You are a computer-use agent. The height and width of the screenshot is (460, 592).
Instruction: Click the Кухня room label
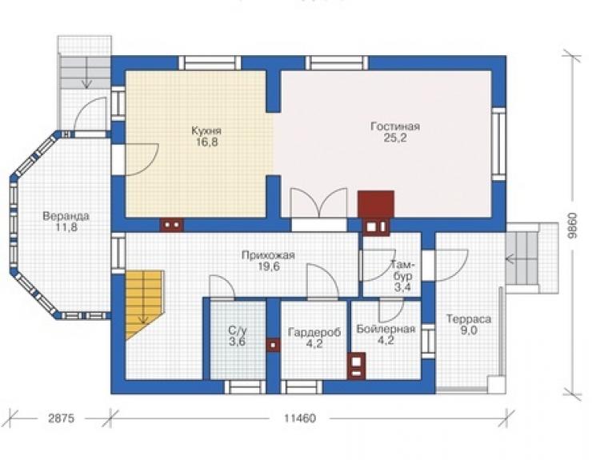click(206, 130)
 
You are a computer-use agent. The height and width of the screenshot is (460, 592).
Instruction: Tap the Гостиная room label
click(395, 126)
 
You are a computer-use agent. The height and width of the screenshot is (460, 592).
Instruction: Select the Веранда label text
click(66, 216)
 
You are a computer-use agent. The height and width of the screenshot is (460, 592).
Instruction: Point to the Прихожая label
click(268, 255)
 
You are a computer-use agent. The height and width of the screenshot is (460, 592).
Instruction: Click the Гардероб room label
click(314, 332)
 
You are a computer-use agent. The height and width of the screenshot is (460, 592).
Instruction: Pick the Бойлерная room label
click(386, 329)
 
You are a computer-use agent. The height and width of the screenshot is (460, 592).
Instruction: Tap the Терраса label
click(469, 319)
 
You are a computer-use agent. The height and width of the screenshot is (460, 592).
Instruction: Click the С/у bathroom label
click(238, 330)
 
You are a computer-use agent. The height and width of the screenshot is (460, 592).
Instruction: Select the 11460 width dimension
click(300, 418)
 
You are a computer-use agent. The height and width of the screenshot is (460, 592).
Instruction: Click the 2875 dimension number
click(61, 418)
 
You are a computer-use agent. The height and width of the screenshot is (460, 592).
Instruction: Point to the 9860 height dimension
click(573, 226)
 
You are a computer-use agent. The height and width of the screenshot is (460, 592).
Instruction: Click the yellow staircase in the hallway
click(144, 305)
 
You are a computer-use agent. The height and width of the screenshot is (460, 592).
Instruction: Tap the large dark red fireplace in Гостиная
click(376, 204)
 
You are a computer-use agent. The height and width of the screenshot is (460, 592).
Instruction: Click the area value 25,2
click(395, 138)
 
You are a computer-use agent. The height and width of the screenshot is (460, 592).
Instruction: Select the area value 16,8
click(207, 142)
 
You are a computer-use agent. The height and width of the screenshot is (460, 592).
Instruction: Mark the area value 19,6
click(269, 266)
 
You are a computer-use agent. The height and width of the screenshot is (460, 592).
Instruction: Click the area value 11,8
click(67, 227)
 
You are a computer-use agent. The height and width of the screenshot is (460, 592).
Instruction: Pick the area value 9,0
click(469, 330)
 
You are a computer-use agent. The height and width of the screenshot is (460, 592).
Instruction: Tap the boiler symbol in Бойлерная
click(357, 366)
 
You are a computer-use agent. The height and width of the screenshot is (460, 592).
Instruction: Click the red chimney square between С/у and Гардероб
click(273, 345)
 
